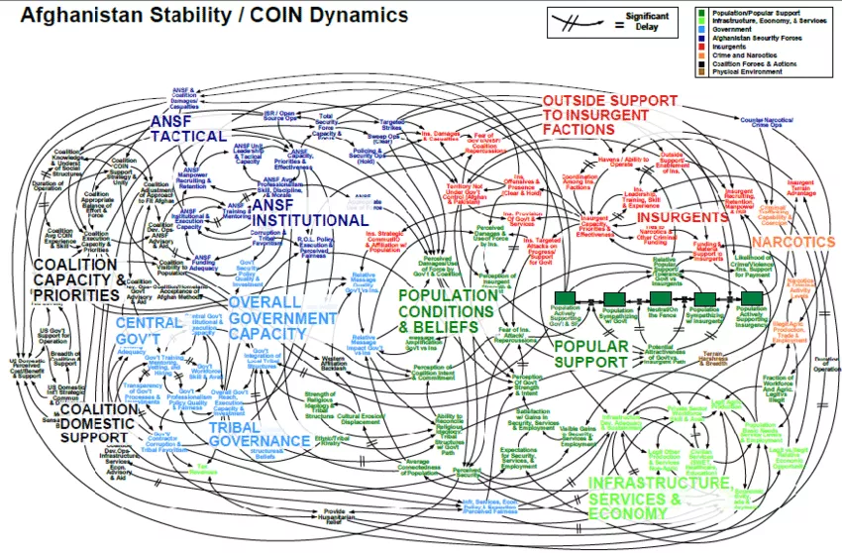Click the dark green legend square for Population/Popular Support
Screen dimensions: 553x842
[701, 11]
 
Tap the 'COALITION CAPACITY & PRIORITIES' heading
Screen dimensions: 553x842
[79, 278]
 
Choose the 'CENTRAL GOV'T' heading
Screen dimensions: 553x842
[149, 332]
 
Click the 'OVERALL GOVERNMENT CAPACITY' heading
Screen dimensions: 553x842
[282, 318]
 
